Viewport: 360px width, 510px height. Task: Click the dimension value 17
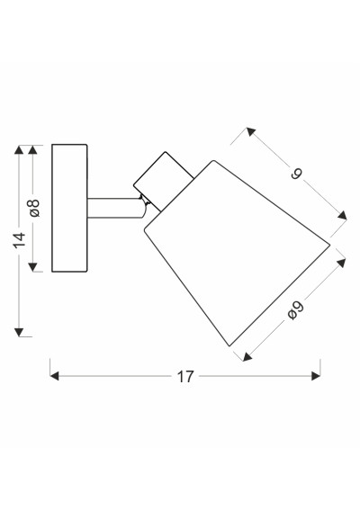[185, 377]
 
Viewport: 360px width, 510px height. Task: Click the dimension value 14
[20, 240]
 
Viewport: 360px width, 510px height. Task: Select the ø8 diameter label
[34, 208]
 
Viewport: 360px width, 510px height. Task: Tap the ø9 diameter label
[296, 311]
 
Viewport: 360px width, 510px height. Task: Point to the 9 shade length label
[296, 174]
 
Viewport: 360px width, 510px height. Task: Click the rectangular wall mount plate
[69, 208]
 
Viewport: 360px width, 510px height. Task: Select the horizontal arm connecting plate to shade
[115, 208]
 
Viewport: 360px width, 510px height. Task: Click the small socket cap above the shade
[164, 181]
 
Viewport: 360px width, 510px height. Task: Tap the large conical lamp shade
[237, 253]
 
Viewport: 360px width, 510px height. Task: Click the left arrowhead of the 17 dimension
[54, 376]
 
